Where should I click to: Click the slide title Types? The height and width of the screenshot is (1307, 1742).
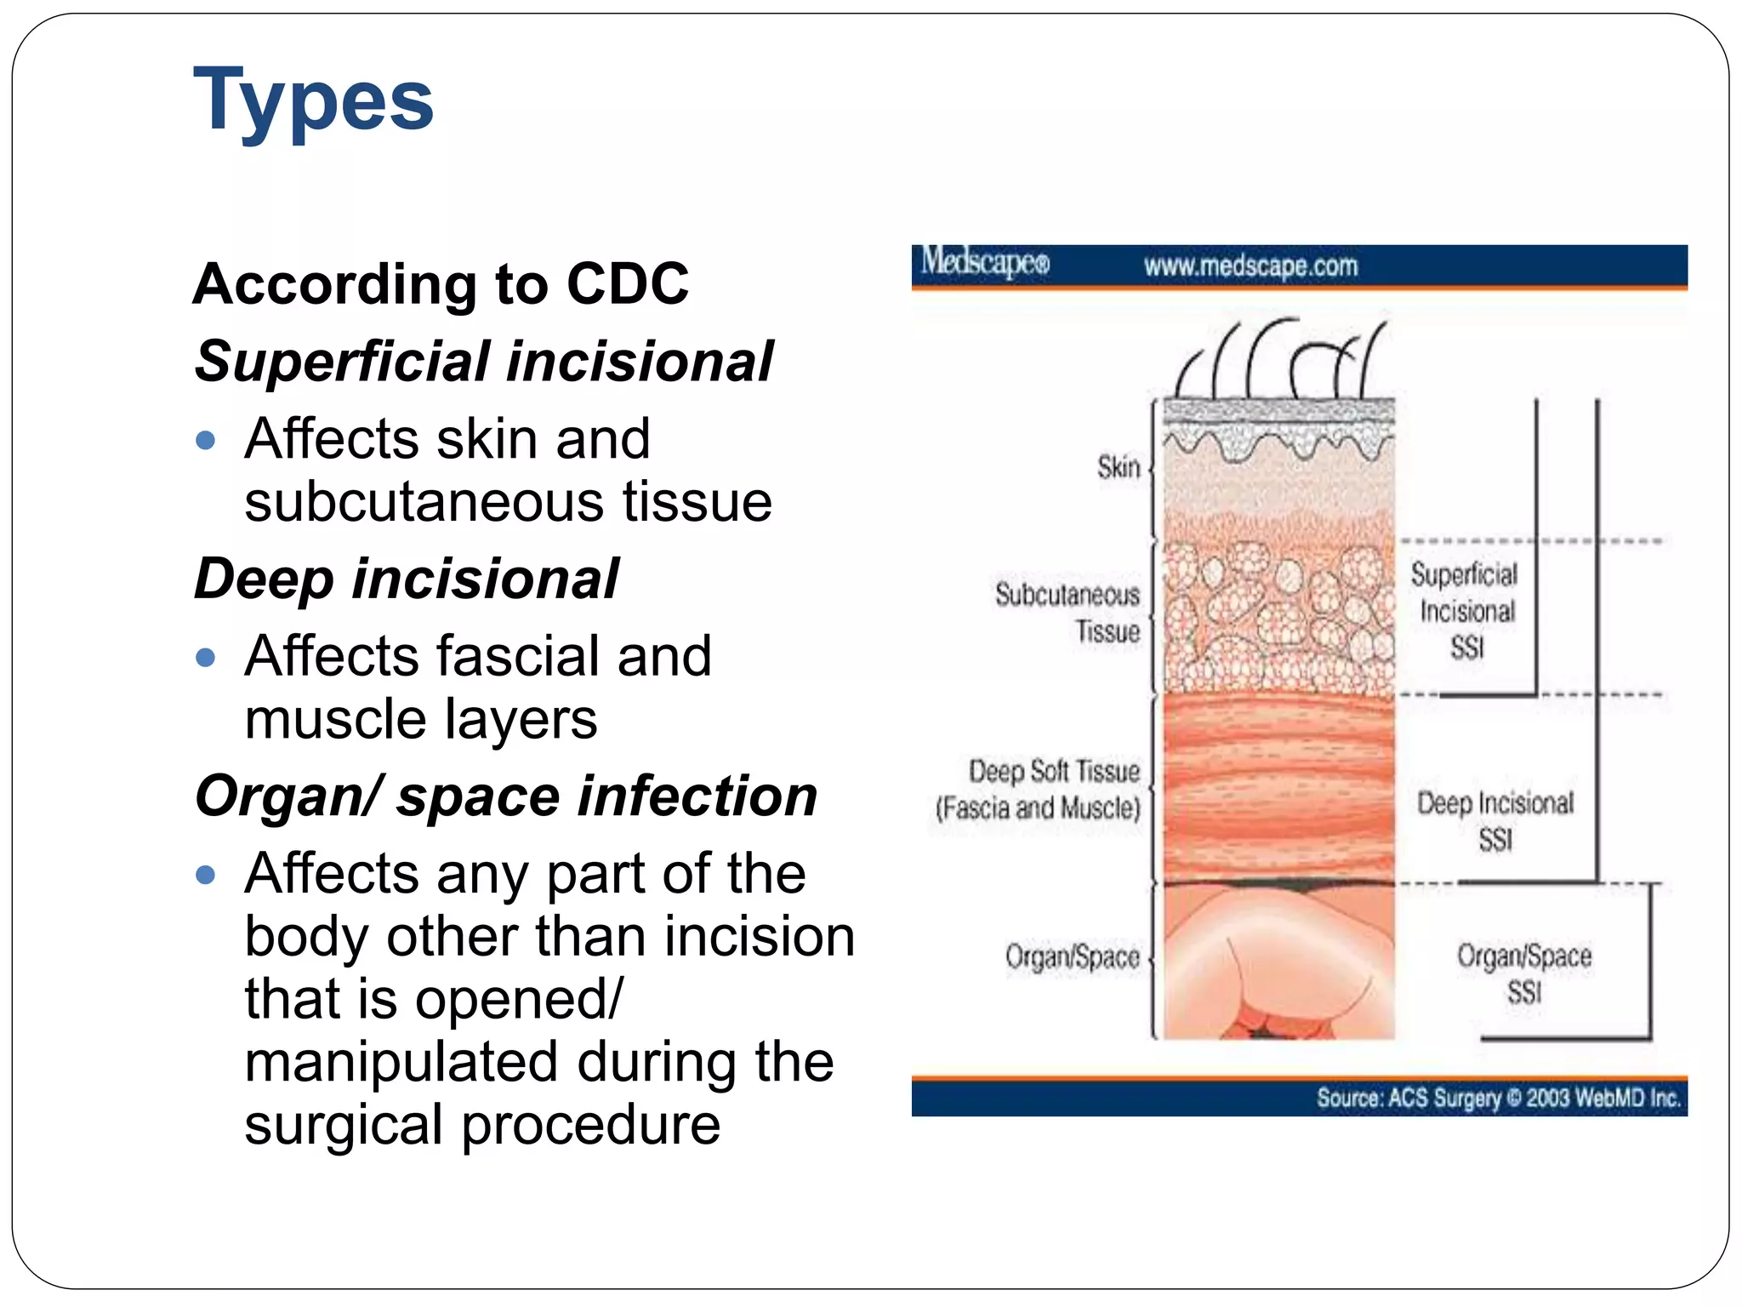[313, 100]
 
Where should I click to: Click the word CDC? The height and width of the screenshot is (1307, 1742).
[628, 283]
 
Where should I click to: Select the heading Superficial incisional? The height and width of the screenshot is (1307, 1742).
[483, 362]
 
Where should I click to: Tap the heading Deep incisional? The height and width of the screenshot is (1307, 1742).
[407, 579]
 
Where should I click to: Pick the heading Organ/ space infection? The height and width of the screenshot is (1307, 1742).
[505, 796]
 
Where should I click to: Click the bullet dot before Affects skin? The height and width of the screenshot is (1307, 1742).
[205, 441]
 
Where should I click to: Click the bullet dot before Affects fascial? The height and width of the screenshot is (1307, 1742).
[205, 658]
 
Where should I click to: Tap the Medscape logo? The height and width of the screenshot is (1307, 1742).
[985, 263]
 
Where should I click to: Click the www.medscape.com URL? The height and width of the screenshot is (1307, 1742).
[1250, 266]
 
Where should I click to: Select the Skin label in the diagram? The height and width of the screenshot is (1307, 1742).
[1118, 467]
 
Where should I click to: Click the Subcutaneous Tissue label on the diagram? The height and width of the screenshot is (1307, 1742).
[1068, 613]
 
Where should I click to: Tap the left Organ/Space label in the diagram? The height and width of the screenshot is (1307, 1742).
[1072, 957]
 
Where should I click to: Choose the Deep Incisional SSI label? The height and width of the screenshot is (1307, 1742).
[1495, 820]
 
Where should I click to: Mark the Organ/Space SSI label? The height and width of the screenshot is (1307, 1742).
[1523, 973]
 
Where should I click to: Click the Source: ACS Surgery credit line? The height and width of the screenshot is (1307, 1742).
[1498, 1098]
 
